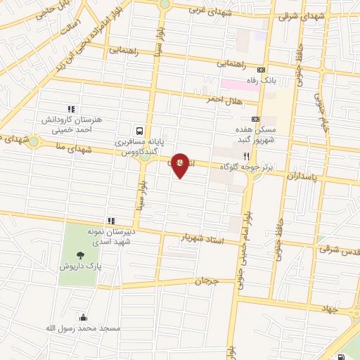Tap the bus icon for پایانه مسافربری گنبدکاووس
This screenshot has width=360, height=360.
pos(140,130)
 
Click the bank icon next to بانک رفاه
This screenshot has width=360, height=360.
pos(262,70)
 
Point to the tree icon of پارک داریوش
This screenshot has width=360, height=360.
pos(82,255)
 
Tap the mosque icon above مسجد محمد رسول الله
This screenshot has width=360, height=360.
pos(84,317)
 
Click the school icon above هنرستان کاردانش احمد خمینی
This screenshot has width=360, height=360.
pos(70,109)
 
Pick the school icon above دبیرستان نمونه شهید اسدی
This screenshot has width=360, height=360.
pos(110,221)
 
